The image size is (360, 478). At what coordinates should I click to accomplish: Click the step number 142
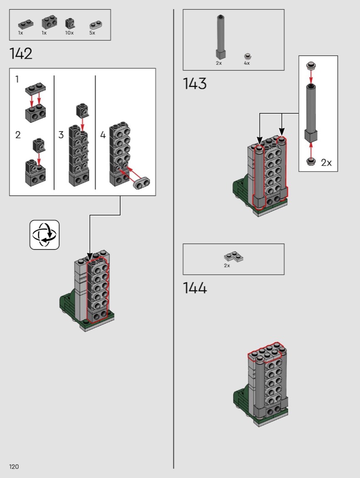[x=21, y=54]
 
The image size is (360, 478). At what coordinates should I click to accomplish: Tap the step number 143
[x=195, y=83]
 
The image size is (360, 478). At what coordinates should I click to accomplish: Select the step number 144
[x=195, y=288]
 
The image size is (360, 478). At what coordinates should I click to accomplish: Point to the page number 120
[x=14, y=467]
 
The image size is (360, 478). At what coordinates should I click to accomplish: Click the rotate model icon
[x=45, y=235]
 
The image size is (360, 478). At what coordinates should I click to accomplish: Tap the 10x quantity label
[x=69, y=33]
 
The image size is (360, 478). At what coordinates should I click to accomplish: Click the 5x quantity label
[x=92, y=33]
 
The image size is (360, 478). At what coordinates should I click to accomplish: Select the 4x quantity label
[x=247, y=63]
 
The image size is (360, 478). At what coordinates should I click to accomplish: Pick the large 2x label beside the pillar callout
[x=326, y=163]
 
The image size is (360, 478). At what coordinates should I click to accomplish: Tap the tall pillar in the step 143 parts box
[x=221, y=36]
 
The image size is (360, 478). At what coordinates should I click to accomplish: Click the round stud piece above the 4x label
[x=248, y=56]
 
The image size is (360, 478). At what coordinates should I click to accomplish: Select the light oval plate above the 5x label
[x=96, y=25]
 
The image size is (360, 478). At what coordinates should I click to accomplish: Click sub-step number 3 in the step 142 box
[x=61, y=135]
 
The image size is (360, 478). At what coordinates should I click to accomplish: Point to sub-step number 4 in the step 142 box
[x=103, y=135]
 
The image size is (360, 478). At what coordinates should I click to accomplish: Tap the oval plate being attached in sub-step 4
[x=142, y=183]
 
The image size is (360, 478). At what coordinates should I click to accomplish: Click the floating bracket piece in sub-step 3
[x=82, y=110]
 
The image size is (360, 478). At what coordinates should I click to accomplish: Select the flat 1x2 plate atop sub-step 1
[x=36, y=88]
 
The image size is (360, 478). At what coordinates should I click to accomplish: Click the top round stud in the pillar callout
[x=311, y=66]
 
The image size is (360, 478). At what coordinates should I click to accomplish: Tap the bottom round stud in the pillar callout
[x=311, y=161]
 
